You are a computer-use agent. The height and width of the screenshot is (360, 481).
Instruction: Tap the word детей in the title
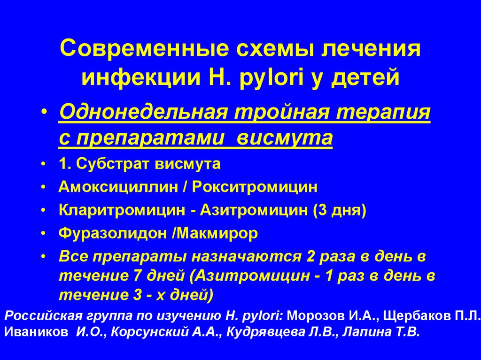pyautogui.click(x=365, y=77)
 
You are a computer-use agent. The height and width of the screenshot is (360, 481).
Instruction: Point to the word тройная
pyautogui.click(x=283, y=112)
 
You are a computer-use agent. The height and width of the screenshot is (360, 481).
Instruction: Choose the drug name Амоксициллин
pyautogui.click(x=118, y=187)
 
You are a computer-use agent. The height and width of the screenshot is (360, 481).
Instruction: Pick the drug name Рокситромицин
pyautogui.click(x=255, y=187)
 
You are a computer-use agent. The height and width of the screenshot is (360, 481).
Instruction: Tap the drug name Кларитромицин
pyautogui.click(x=122, y=210)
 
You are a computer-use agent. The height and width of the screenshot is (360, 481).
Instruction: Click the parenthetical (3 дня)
pyautogui.click(x=340, y=211)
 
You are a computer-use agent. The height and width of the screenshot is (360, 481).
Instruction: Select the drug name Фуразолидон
pyautogui.click(x=113, y=233)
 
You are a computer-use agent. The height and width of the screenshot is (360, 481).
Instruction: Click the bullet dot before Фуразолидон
pyautogui.click(x=44, y=234)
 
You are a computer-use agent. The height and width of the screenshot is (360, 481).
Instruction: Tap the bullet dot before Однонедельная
pyautogui.click(x=44, y=112)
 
